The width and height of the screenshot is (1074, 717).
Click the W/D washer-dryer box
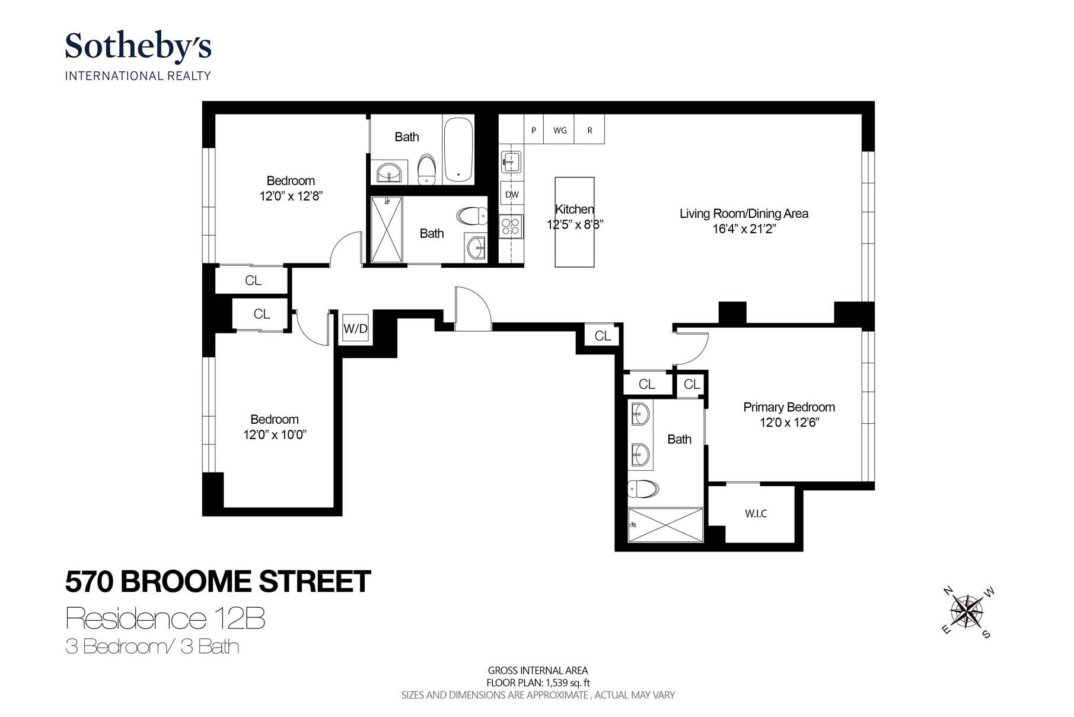click(x=356, y=328)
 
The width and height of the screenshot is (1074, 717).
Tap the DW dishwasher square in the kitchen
click(x=512, y=194)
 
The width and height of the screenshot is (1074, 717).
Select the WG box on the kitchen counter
click(x=560, y=130)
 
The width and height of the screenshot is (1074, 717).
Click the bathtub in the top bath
click(x=458, y=149)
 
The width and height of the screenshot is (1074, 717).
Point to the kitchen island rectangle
click(x=574, y=222)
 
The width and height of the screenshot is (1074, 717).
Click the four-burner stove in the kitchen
click(x=511, y=226)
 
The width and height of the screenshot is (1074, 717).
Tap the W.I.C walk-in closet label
click(x=756, y=513)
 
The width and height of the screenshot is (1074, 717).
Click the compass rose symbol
click(x=967, y=611)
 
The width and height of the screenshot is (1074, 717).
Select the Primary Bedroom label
click(x=789, y=407)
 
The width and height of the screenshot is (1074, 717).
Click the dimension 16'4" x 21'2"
click(x=744, y=229)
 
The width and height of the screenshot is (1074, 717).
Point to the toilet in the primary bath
click(x=643, y=489)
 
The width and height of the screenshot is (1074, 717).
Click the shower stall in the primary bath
click(x=665, y=525)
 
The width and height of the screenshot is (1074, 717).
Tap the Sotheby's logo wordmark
click(x=138, y=46)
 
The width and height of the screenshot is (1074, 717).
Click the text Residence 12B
click(x=165, y=618)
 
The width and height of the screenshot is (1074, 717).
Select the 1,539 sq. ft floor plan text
click(x=538, y=683)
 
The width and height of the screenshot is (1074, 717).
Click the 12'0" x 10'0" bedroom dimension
click(x=275, y=434)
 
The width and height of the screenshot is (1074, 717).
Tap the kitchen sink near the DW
click(x=511, y=161)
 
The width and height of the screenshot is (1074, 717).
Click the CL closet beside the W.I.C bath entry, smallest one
click(x=691, y=384)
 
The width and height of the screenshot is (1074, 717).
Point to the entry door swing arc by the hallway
click(x=473, y=307)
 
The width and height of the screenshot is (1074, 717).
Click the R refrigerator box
click(x=589, y=130)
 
